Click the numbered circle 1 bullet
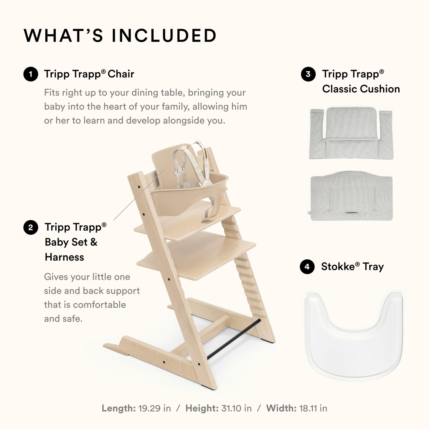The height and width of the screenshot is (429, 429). pos(31,74)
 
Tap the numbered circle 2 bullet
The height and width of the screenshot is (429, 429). pos(31,228)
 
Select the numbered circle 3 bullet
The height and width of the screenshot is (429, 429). pos(308,74)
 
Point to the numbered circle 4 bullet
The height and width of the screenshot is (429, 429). pos(307,267)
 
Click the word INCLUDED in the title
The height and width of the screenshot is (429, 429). pos(164,36)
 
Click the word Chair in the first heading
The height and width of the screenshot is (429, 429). pos(121,74)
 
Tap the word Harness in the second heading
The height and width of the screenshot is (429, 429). pos(64,257)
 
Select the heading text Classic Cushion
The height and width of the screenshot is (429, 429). pos(361,89)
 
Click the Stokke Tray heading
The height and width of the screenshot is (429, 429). pos(352,267)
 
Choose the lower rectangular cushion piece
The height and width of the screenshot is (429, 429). pos(351,196)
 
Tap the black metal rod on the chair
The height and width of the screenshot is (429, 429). pos(234,339)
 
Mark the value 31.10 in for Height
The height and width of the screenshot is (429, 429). pos(237,408)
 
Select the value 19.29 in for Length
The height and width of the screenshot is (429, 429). pos(155,408)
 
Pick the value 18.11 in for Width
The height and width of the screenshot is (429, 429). pos(313,408)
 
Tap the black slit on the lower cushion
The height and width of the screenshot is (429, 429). pos(352,213)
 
